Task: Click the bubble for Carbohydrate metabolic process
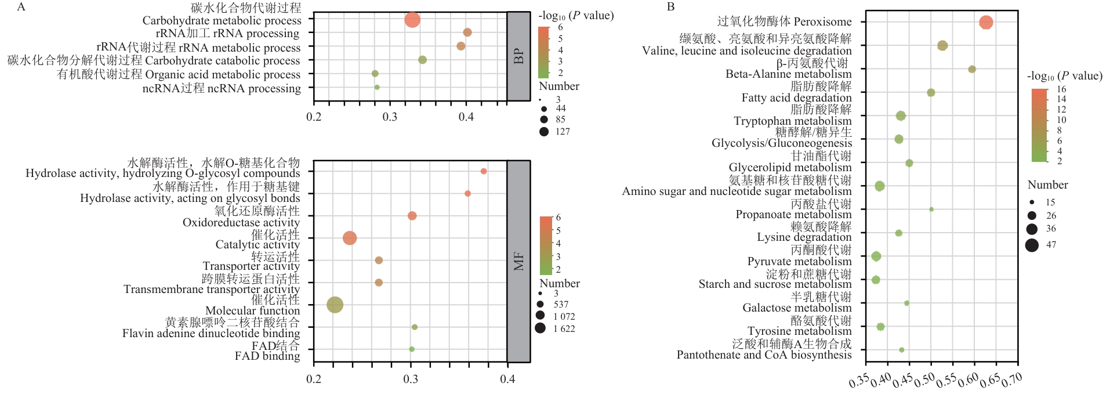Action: (412, 20)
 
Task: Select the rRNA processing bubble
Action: (467, 32)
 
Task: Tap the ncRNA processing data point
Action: (377, 88)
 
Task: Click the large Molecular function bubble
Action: (335, 305)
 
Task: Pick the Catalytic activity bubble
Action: (350, 238)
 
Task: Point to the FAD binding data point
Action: (412, 349)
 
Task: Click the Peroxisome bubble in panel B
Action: (986, 23)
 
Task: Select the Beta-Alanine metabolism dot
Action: (972, 70)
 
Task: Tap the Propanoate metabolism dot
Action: (931, 209)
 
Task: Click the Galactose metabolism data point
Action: (906, 303)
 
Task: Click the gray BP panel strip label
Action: (518, 56)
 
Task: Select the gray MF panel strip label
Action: (518, 261)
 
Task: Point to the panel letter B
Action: (671, 7)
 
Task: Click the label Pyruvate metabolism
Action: (799, 261)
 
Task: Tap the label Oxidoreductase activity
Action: (241, 222)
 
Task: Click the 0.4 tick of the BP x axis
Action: (466, 117)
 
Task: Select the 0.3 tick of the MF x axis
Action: (411, 379)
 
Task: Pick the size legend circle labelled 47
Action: (1032, 245)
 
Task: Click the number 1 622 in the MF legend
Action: (564, 329)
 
